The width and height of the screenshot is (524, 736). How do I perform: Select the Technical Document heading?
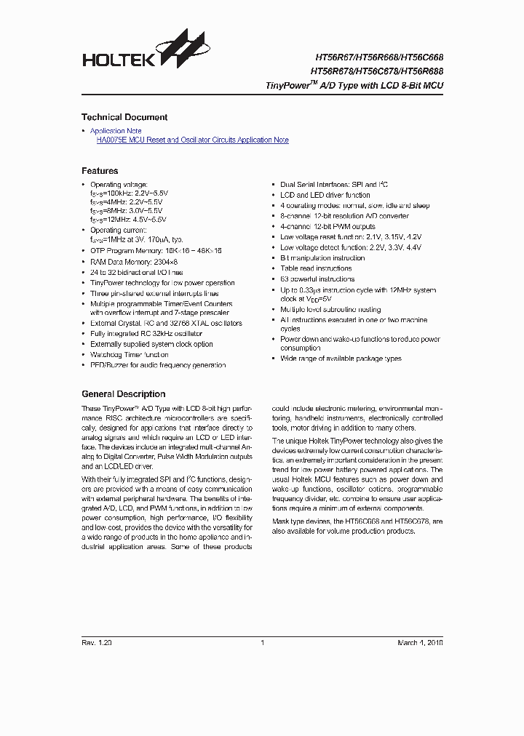point(124,117)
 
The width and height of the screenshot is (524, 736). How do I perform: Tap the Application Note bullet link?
point(116,131)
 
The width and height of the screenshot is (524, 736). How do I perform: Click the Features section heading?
point(100,171)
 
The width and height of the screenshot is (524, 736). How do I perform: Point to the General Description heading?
point(123,394)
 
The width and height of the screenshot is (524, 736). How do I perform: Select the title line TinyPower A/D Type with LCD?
point(354,85)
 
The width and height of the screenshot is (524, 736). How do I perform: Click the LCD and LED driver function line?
point(325,195)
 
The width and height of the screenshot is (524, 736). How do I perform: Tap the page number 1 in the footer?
point(262,643)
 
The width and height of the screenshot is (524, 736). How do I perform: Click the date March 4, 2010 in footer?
point(420,643)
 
